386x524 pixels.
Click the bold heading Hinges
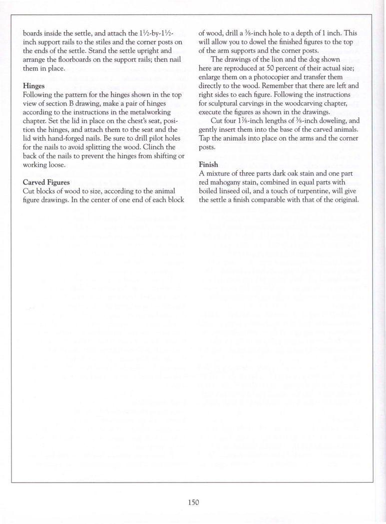click(x=34, y=85)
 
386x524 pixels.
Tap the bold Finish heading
click(x=209, y=164)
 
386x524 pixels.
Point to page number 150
click(x=193, y=502)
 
